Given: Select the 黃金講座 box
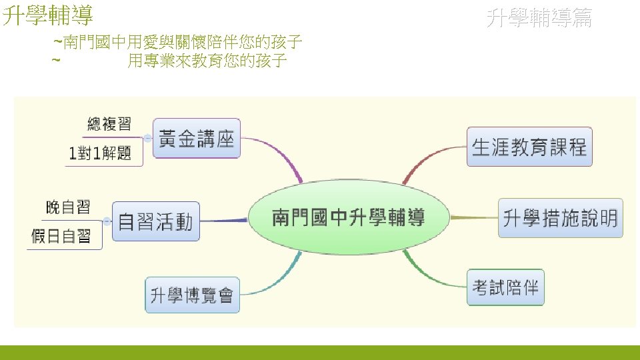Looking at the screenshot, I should coord(197,138).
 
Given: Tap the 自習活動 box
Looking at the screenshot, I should coord(155,221).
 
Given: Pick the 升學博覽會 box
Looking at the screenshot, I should coord(192,295).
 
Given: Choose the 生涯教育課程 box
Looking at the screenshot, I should coord(529,147).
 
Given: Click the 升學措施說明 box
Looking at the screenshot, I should coord(560,218).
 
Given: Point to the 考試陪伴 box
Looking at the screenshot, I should coord(505,287).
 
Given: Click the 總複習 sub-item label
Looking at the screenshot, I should coord(109,123).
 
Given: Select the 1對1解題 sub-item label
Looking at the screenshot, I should coord(100,154).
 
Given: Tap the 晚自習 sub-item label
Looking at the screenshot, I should coord(67,207).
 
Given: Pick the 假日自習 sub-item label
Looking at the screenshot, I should coord(61,236).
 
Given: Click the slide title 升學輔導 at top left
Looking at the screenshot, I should coord(48,15).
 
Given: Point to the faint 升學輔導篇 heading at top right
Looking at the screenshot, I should coord(539,17).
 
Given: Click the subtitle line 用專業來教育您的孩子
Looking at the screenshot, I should coord(207,61).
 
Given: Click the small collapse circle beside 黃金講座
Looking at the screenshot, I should coord(147,138).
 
